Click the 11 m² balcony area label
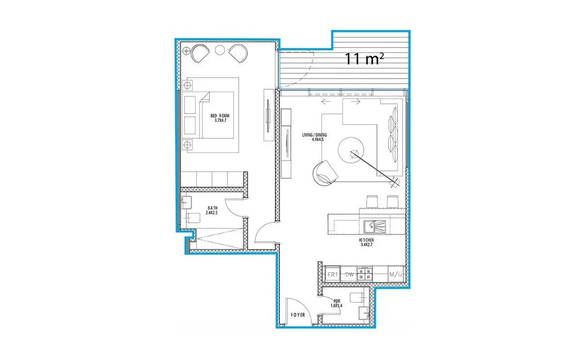[x=364, y=59]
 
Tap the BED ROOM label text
[x=220, y=115]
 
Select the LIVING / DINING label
[x=314, y=135]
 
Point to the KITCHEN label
[x=367, y=240]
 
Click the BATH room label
[x=212, y=208]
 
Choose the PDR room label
[x=337, y=301]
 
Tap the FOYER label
[x=298, y=315]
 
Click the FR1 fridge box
[x=333, y=275]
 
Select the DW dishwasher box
[x=349, y=275]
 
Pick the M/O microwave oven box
[x=396, y=275]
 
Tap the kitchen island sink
[x=374, y=227]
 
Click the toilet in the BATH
[x=193, y=218]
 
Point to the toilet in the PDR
[x=357, y=297]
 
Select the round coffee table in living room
[x=351, y=150]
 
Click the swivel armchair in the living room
[x=325, y=173]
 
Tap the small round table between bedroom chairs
[x=220, y=50]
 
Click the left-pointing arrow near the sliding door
[x=326, y=101]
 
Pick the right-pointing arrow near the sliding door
[x=356, y=101]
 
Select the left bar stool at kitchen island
[x=372, y=202]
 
